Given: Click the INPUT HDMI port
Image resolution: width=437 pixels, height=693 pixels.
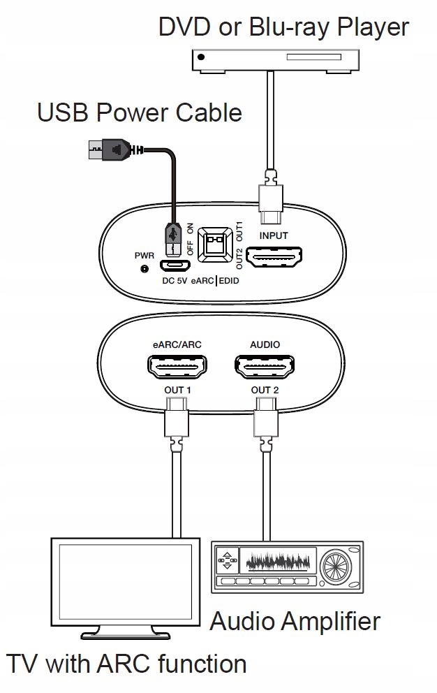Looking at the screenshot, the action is (x=274, y=257).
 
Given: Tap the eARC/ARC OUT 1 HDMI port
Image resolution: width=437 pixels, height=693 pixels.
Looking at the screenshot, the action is (x=177, y=366).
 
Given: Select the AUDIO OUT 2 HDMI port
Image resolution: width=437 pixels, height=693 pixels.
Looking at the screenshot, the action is (x=265, y=366).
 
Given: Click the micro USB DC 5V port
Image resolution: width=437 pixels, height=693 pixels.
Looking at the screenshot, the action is (x=175, y=265).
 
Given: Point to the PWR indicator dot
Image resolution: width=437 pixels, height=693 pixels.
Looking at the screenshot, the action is (x=144, y=268).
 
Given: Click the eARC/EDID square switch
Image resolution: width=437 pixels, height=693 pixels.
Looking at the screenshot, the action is (x=215, y=245).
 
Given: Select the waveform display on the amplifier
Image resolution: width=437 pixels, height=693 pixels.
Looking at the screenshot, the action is (x=278, y=561).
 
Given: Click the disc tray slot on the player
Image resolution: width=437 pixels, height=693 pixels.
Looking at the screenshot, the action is (x=313, y=57).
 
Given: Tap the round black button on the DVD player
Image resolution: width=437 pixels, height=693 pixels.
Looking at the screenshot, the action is (x=202, y=57).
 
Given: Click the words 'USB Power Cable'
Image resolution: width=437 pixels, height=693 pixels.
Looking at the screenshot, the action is (x=140, y=112).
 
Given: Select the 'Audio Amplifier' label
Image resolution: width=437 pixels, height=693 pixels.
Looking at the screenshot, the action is (x=295, y=622).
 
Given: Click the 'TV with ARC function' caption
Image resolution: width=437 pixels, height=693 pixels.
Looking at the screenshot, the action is (x=127, y=664).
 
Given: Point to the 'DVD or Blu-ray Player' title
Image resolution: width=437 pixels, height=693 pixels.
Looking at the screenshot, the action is (x=283, y=27).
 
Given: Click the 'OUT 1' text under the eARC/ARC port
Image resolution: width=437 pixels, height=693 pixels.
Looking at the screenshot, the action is (x=177, y=390).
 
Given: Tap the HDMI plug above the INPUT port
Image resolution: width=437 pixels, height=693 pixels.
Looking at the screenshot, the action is (x=270, y=197).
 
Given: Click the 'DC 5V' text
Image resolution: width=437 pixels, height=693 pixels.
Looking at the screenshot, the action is (x=175, y=281).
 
